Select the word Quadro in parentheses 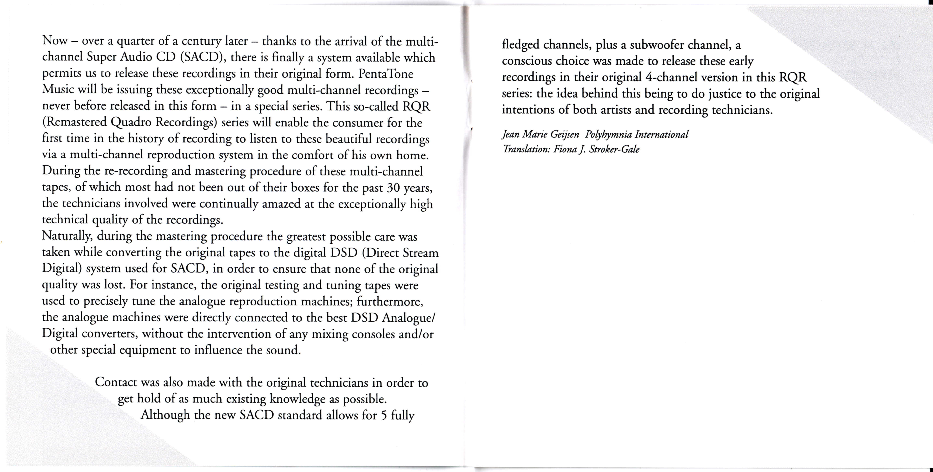[131, 123]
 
